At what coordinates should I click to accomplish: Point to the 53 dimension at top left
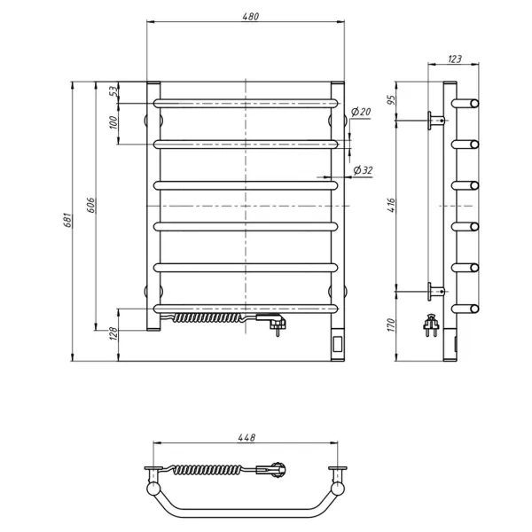tap(113, 92)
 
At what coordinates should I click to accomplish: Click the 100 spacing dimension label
tap(113, 122)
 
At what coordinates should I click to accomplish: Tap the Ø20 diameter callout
tap(360, 112)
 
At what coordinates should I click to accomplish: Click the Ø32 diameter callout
tap(361, 170)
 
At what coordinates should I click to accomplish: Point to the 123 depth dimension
tap(454, 59)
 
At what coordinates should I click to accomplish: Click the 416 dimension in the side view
tap(400, 206)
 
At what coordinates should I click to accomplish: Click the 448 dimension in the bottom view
tap(246, 437)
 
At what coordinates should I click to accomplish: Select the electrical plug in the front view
tap(276, 324)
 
